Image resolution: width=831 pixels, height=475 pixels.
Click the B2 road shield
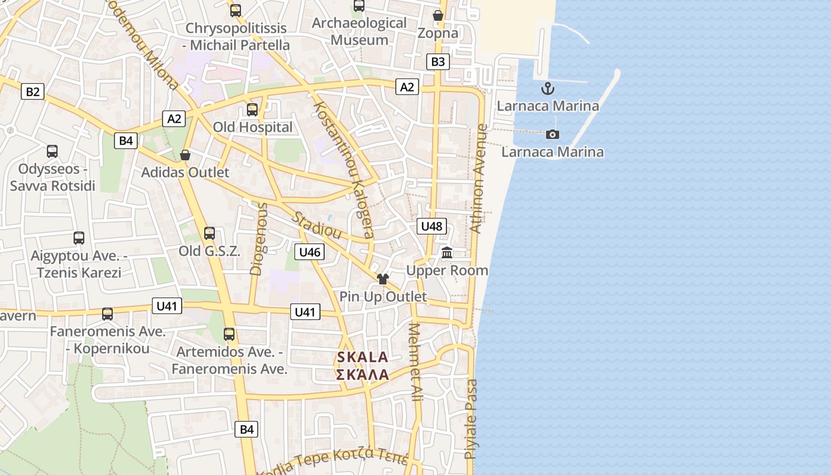point(33,91)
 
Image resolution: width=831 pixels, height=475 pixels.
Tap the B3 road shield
point(437,62)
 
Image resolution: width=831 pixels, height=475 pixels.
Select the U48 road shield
point(432,226)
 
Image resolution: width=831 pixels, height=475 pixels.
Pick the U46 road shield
point(310,252)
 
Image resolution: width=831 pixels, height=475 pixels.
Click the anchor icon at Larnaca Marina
point(548,89)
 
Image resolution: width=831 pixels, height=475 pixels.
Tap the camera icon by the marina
point(553,135)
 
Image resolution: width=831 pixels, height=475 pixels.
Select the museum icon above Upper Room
point(448,254)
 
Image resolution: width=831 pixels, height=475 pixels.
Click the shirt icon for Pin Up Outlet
point(383,279)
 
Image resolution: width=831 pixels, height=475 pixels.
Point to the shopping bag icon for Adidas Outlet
point(185,156)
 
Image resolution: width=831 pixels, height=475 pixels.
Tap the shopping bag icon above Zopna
point(438,15)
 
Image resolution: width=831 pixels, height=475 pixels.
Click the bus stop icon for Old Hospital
point(252,110)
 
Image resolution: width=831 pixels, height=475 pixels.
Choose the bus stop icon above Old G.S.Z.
point(209,233)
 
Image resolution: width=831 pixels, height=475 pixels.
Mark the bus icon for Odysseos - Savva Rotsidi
point(52,151)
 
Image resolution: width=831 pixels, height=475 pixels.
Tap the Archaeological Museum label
point(359,31)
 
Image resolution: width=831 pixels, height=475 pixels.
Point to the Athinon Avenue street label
point(478,178)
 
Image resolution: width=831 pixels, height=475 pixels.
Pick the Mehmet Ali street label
point(417,362)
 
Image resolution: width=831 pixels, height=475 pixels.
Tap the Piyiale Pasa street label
point(471,419)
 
